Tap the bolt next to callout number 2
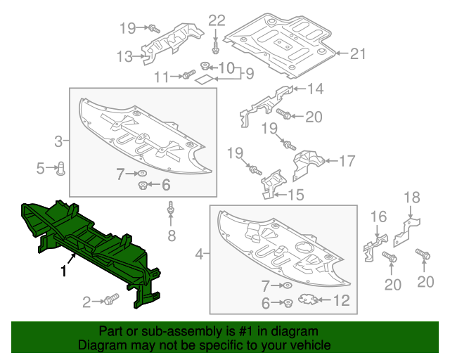(110, 300)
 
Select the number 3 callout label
(59, 142)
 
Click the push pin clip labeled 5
(61, 167)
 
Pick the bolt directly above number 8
(170, 210)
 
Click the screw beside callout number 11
(187, 75)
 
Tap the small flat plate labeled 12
(305, 301)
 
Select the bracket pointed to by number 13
(166, 44)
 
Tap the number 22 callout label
(217, 19)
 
